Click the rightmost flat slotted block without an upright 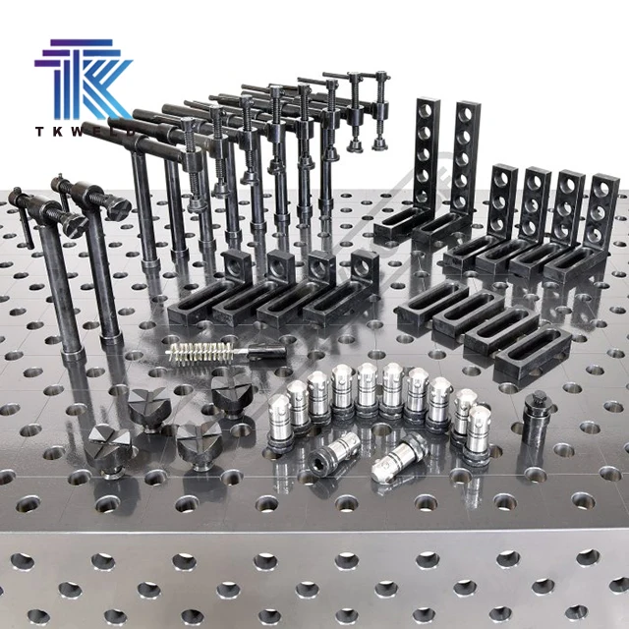tap(531, 349)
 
